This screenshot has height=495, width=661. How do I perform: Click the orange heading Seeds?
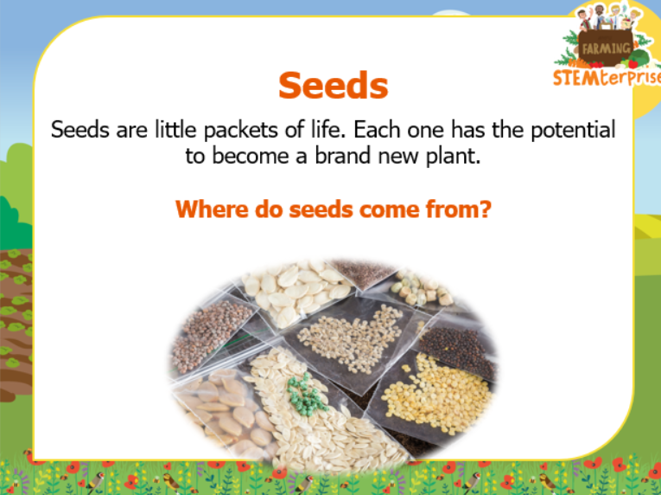333,85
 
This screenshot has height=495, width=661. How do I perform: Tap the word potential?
573,130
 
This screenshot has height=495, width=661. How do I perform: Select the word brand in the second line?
343,156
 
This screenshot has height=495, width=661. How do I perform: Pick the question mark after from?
486,209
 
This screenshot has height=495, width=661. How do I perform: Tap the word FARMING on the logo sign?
607,48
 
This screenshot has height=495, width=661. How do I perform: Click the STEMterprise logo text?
607,77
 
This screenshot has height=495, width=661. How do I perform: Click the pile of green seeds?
306,395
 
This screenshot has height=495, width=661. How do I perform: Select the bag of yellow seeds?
436,395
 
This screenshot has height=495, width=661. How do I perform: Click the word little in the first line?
175,129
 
